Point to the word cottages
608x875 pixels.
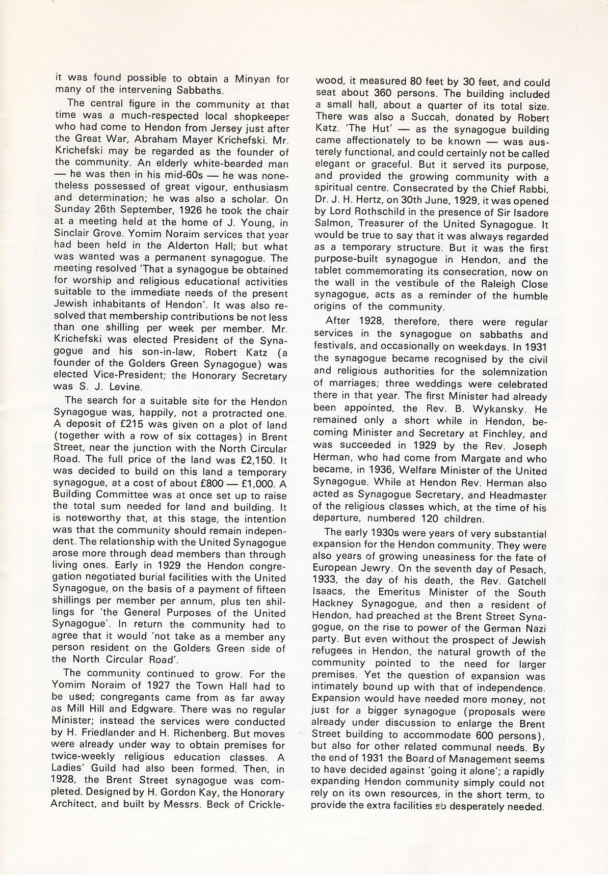(208, 437)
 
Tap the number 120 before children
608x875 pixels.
(416, 519)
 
